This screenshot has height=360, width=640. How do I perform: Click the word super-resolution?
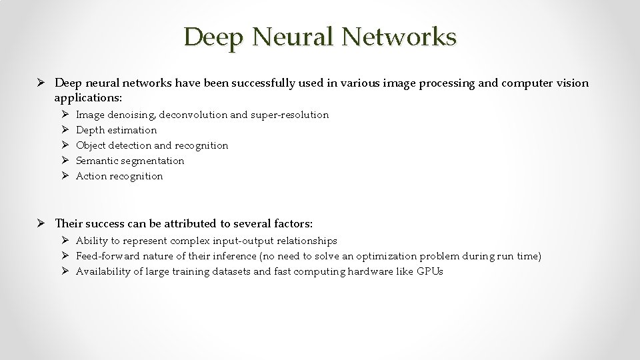point(289,115)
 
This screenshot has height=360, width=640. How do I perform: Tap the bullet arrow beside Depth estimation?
point(65,130)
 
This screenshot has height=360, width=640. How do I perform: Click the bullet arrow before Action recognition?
point(65,176)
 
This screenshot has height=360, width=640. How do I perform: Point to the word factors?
point(292,223)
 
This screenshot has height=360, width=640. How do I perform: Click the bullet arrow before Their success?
point(43,223)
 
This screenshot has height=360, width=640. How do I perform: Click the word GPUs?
point(430,271)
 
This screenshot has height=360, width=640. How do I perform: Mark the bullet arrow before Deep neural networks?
point(43,83)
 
